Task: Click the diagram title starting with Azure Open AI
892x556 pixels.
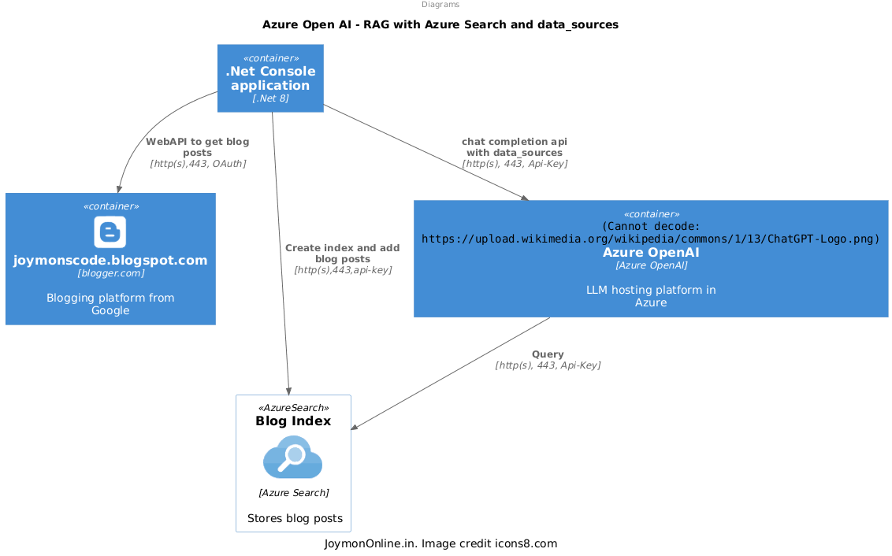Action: [x=440, y=24]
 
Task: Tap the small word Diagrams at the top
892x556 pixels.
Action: [x=440, y=5]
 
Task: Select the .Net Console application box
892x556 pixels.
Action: [x=270, y=78]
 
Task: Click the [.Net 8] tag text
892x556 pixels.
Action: [x=270, y=98]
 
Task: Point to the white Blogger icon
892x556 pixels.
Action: [x=110, y=232]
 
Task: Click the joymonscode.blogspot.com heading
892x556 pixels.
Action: [x=110, y=260]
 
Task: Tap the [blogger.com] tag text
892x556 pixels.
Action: [x=110, y=274]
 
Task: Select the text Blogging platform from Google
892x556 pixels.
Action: [x=110, y=304]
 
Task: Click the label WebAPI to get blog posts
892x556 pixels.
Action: [x=198, y=147]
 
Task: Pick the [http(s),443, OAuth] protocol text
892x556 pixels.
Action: [x=198, y=164]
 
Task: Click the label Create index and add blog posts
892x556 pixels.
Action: [x=343, y=253]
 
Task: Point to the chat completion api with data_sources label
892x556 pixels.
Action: [x=515, y=146]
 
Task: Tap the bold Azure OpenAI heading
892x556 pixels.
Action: [x=651, y=253]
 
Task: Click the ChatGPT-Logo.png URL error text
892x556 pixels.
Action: [x=651, y=239]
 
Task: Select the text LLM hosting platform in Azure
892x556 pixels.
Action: [x=651, y=296]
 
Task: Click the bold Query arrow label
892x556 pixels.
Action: [x=548, y=354]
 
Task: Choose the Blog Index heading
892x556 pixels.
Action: [x=293, y=421]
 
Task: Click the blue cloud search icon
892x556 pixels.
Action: [x=292, y=458]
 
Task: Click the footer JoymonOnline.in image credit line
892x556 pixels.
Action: [x=440, y=543]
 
